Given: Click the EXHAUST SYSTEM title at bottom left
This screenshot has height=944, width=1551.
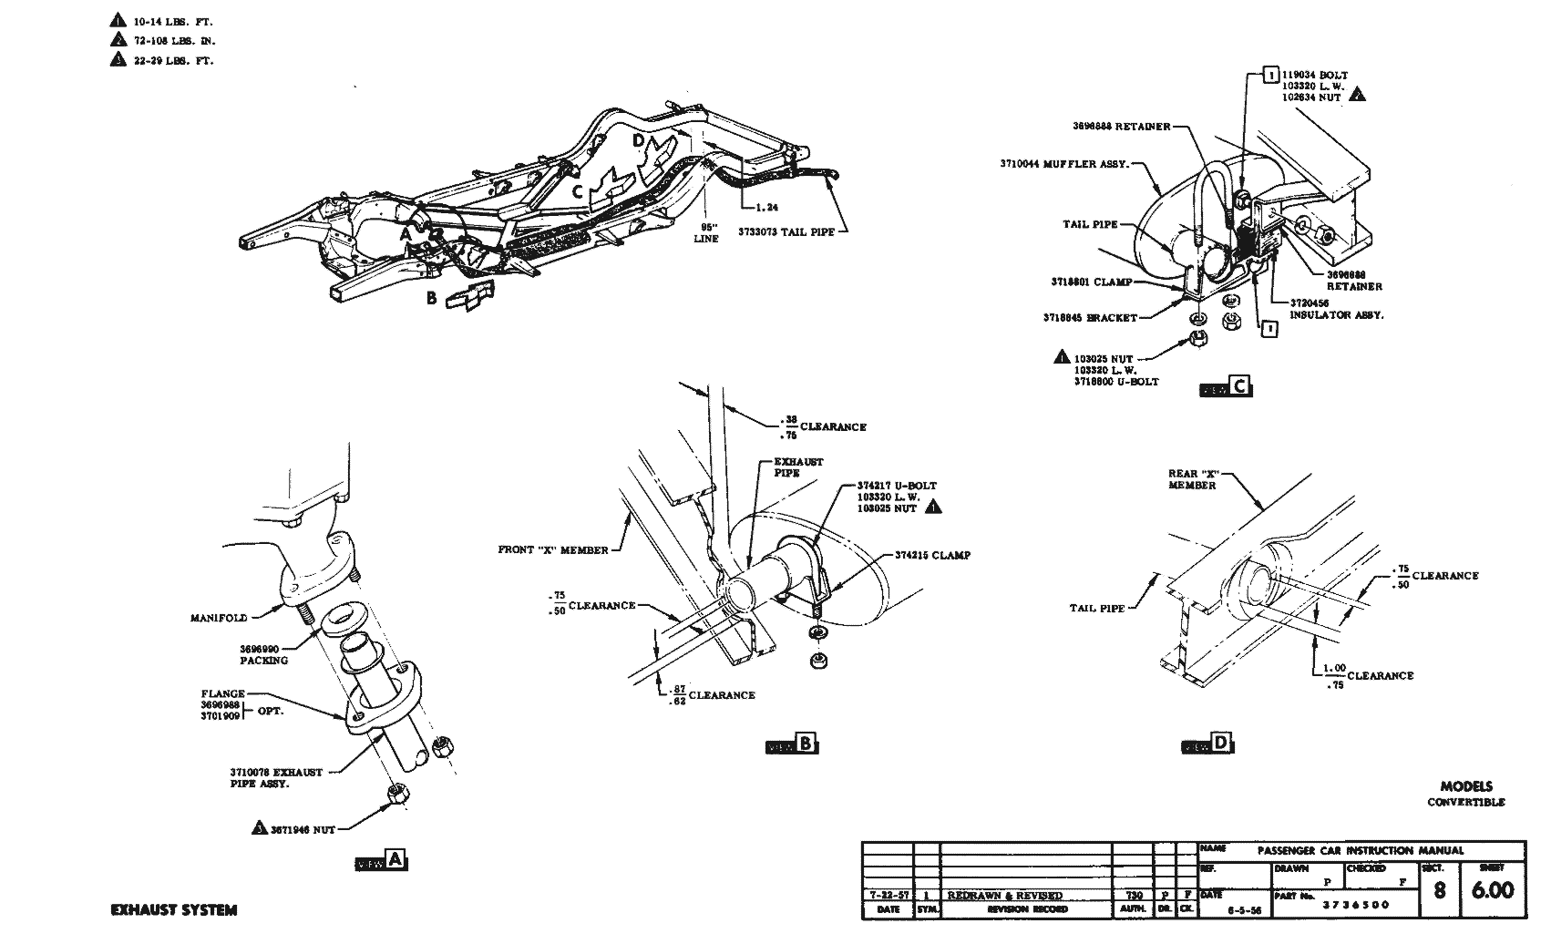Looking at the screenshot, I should click(x=173, y=909).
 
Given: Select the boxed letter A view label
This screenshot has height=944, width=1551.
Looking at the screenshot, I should click(x=395, y=859).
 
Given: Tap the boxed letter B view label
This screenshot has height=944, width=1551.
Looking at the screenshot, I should click(x=806, y=744).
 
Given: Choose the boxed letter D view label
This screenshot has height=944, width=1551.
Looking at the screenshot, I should click(x=1220, y=744).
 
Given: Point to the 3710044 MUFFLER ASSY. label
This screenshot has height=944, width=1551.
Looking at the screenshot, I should click(x=1064, y=165).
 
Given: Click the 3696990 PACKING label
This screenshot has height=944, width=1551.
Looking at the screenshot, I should click(x=263, y=654).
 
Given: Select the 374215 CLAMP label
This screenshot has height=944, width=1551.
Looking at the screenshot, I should click(x=932, y=555).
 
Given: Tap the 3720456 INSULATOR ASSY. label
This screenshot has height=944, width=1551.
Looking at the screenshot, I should click(x=1336, y=309).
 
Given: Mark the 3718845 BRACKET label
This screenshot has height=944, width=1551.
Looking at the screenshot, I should click(x=1090, y=318).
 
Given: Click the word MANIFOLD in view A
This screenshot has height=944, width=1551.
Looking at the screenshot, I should click(x=219, y=618).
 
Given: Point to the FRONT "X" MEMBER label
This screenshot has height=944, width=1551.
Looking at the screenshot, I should click(x=553, y=549).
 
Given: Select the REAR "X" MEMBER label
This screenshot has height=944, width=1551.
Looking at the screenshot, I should click(x=1192, y=479).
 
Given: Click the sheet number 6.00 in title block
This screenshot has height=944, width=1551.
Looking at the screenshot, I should click(x=1492, y=889).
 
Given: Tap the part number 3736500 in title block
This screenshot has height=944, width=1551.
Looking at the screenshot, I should click(x=1356, y=905).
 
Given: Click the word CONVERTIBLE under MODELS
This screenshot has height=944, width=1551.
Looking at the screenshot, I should click(x=1465, y=802).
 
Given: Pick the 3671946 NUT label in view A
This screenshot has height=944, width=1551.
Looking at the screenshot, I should click(x=303, y=830).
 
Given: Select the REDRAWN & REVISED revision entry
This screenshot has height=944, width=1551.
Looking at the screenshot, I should click(x=1004, y=895).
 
